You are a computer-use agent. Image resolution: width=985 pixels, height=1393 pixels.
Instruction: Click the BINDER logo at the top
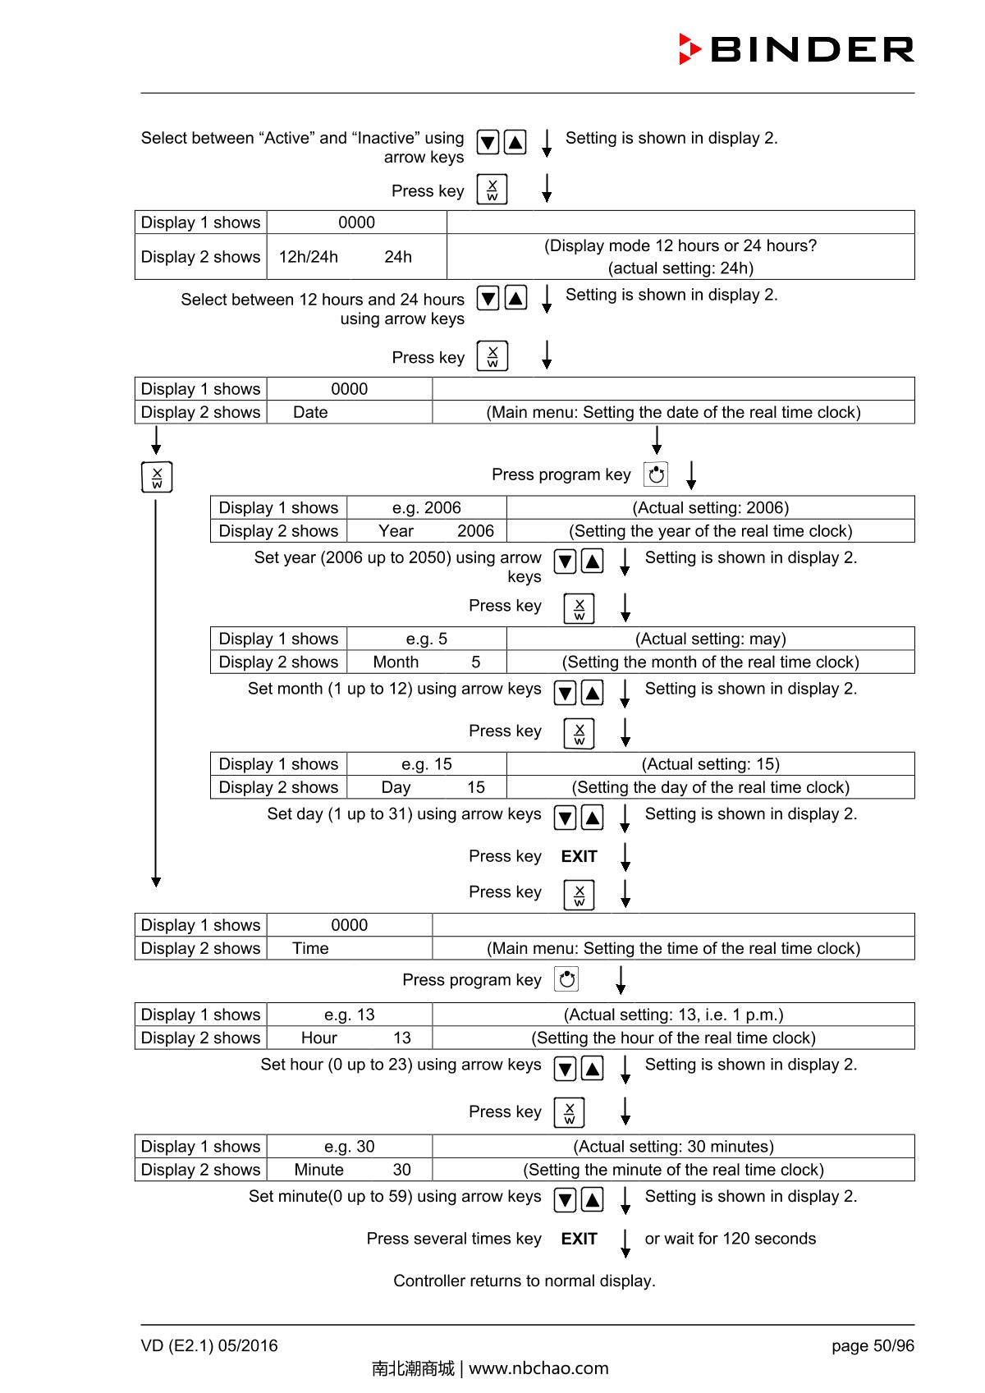[x=796, y=49]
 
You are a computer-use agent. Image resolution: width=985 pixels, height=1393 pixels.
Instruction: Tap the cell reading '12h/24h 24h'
[x=356, y=257]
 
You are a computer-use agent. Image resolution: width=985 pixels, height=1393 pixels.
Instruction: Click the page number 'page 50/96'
[x=872, y=1345]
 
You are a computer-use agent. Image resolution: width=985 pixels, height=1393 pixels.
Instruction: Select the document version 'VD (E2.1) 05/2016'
[x=209, y=1345]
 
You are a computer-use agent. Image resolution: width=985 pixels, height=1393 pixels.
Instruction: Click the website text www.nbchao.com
[x=538, y=1368]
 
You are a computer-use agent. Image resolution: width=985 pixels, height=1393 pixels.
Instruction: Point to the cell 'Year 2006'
[x=427, y=531]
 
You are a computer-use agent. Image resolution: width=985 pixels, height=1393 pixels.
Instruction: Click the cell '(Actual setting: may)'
[x=710, y=639]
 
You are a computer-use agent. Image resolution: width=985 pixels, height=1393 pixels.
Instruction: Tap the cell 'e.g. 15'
[x=427, y=764]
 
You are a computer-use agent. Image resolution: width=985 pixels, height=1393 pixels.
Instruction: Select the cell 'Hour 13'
[x=350, y=1038]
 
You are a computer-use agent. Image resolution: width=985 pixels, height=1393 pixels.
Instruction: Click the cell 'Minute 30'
[x=350, y=1170]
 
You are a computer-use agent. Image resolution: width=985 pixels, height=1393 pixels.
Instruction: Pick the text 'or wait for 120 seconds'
[x=730, y=1239]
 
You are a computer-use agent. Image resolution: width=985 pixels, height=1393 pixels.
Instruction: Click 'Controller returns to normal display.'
[x=524, y=1281]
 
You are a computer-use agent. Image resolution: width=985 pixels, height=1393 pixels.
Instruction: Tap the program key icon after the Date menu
[x=656, y=474]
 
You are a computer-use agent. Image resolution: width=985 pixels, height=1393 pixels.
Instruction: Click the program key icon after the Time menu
[x=566, y=979]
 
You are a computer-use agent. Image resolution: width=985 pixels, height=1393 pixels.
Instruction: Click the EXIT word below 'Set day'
[x=579, y=856]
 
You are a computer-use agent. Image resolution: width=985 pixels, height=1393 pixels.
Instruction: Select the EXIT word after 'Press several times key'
[x=579, y=1239]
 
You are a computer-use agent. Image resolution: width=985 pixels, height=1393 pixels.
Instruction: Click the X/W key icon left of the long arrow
[x=157, y=477]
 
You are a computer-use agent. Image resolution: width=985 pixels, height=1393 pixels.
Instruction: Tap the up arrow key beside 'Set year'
[x=592, y=561]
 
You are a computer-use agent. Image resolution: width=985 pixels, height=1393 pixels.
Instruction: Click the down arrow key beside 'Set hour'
[x=565, y=1068]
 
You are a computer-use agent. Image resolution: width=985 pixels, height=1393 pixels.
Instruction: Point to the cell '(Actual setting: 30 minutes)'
[x=673, y=1147]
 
